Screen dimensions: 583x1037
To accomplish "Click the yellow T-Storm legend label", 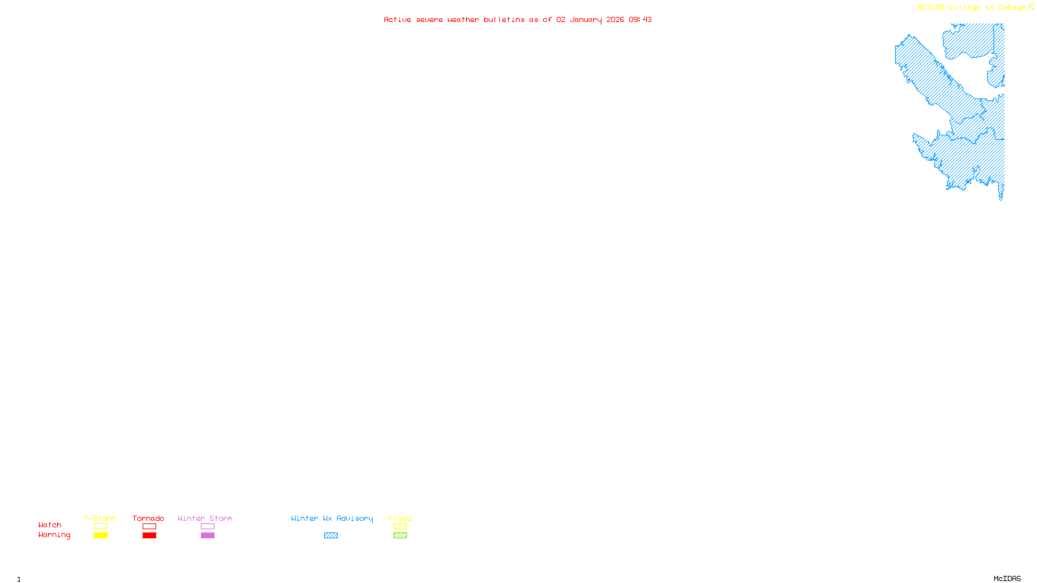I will pos(100,518).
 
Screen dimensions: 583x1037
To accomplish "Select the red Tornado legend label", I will pos(148,518).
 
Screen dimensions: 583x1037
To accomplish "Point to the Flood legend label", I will pos(400,518).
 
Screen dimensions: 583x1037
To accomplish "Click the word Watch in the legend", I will pos(50,525).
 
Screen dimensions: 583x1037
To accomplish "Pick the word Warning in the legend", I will pos(54,535).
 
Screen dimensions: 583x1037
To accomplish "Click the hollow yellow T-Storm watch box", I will pos(100,527).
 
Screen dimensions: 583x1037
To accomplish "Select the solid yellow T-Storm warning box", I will pos(100,536).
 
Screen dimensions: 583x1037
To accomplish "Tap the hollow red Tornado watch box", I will pos(149,527).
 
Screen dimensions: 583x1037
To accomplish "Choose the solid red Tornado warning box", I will pos(149,536).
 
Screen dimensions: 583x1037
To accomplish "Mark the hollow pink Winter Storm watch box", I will pos(207,527).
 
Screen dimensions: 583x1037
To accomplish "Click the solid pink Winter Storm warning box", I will pos(207,536).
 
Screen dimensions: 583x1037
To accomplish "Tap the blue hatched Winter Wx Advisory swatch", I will pos(331,536).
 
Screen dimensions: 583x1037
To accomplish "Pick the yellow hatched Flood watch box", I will pos(400,527).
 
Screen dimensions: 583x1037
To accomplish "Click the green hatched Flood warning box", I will pos(400,536).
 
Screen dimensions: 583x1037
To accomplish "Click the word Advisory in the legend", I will pos(355,518).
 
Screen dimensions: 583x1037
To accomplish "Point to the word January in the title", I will pos(586,19).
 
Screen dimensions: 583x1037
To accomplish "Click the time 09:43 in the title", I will pos(640,19).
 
